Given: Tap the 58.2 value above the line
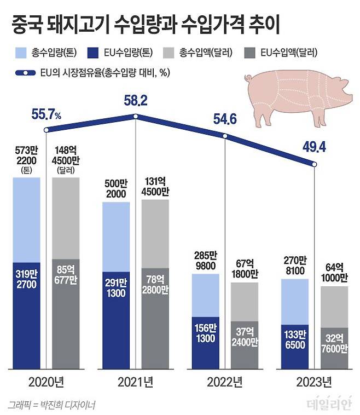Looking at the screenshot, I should tap(136, 100).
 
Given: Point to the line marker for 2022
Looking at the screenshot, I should tap(225, 136).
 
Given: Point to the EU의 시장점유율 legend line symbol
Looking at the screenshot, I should tap(26, 73).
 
